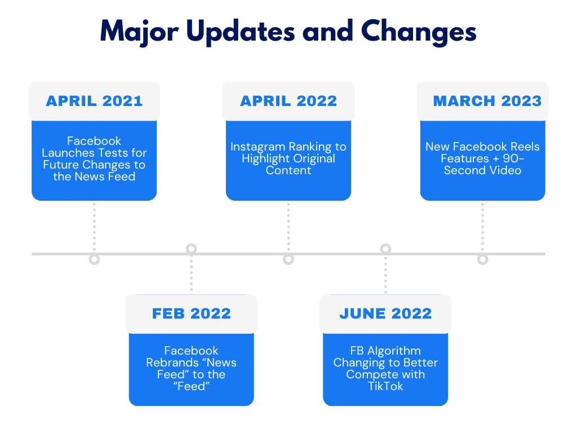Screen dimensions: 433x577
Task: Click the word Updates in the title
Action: [x=241, y=32]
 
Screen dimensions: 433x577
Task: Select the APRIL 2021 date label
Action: [x=94, y=101]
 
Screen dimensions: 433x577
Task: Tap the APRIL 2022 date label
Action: [x=288, y=101]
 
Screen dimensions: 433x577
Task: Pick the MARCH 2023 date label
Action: [x=487, y=101]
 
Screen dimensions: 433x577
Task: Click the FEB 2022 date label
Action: [x=192, y=313]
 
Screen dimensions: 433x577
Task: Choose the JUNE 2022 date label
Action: [x=385, y=313]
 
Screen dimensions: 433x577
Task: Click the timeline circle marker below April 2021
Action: [x=95, y=259]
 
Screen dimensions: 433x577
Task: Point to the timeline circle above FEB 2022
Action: [x=192, y=249]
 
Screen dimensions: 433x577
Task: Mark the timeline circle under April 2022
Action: [x=288, y=259]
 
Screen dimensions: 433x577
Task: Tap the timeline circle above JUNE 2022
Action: [x=385, y=249]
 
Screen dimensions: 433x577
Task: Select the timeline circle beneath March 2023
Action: [x=482, y=259]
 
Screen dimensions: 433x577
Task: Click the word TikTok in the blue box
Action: [x=385, y=386]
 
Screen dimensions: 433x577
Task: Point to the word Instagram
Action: [x=258, y=147]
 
